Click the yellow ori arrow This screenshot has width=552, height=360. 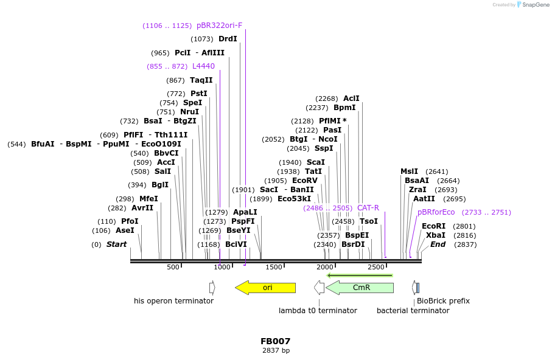point(266,288)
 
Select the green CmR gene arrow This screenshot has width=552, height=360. point(360,288)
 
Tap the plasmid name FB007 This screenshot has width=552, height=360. point(276,341)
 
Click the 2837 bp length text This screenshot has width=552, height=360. point(276,351)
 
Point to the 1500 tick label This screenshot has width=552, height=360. point(274,267)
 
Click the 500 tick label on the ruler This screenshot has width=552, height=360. point(173,267)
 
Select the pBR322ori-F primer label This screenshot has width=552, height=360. point(219,26)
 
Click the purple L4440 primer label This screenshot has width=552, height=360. point(203,66)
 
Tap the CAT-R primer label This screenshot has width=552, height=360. point(368,208)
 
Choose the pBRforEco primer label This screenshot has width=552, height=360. point(436,212)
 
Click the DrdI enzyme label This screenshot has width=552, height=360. point(228,39)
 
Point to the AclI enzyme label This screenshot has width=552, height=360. point(351,99)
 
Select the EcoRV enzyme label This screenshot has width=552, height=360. point(305,181)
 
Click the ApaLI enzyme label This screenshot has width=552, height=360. point(245,212)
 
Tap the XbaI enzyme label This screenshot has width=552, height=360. point(435,235)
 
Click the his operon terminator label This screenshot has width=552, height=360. point(173,301)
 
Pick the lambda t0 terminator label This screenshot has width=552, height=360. point(318,311)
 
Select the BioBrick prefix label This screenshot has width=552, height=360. point(443,301)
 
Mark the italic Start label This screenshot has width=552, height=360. point(116,244)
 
